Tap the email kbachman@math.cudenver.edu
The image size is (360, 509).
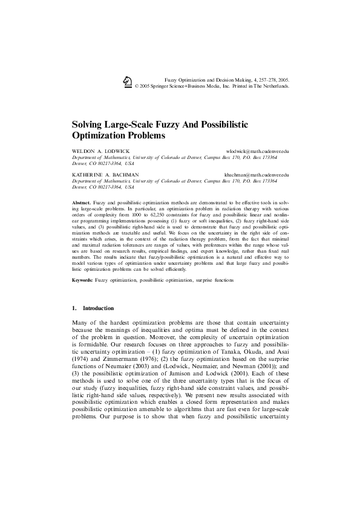pyautogui.click(x=257, y=175)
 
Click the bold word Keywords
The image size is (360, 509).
pyautogui.click(x=82, y=281)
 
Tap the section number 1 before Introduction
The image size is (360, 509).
pyautogui.click(x=73, y=308)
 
